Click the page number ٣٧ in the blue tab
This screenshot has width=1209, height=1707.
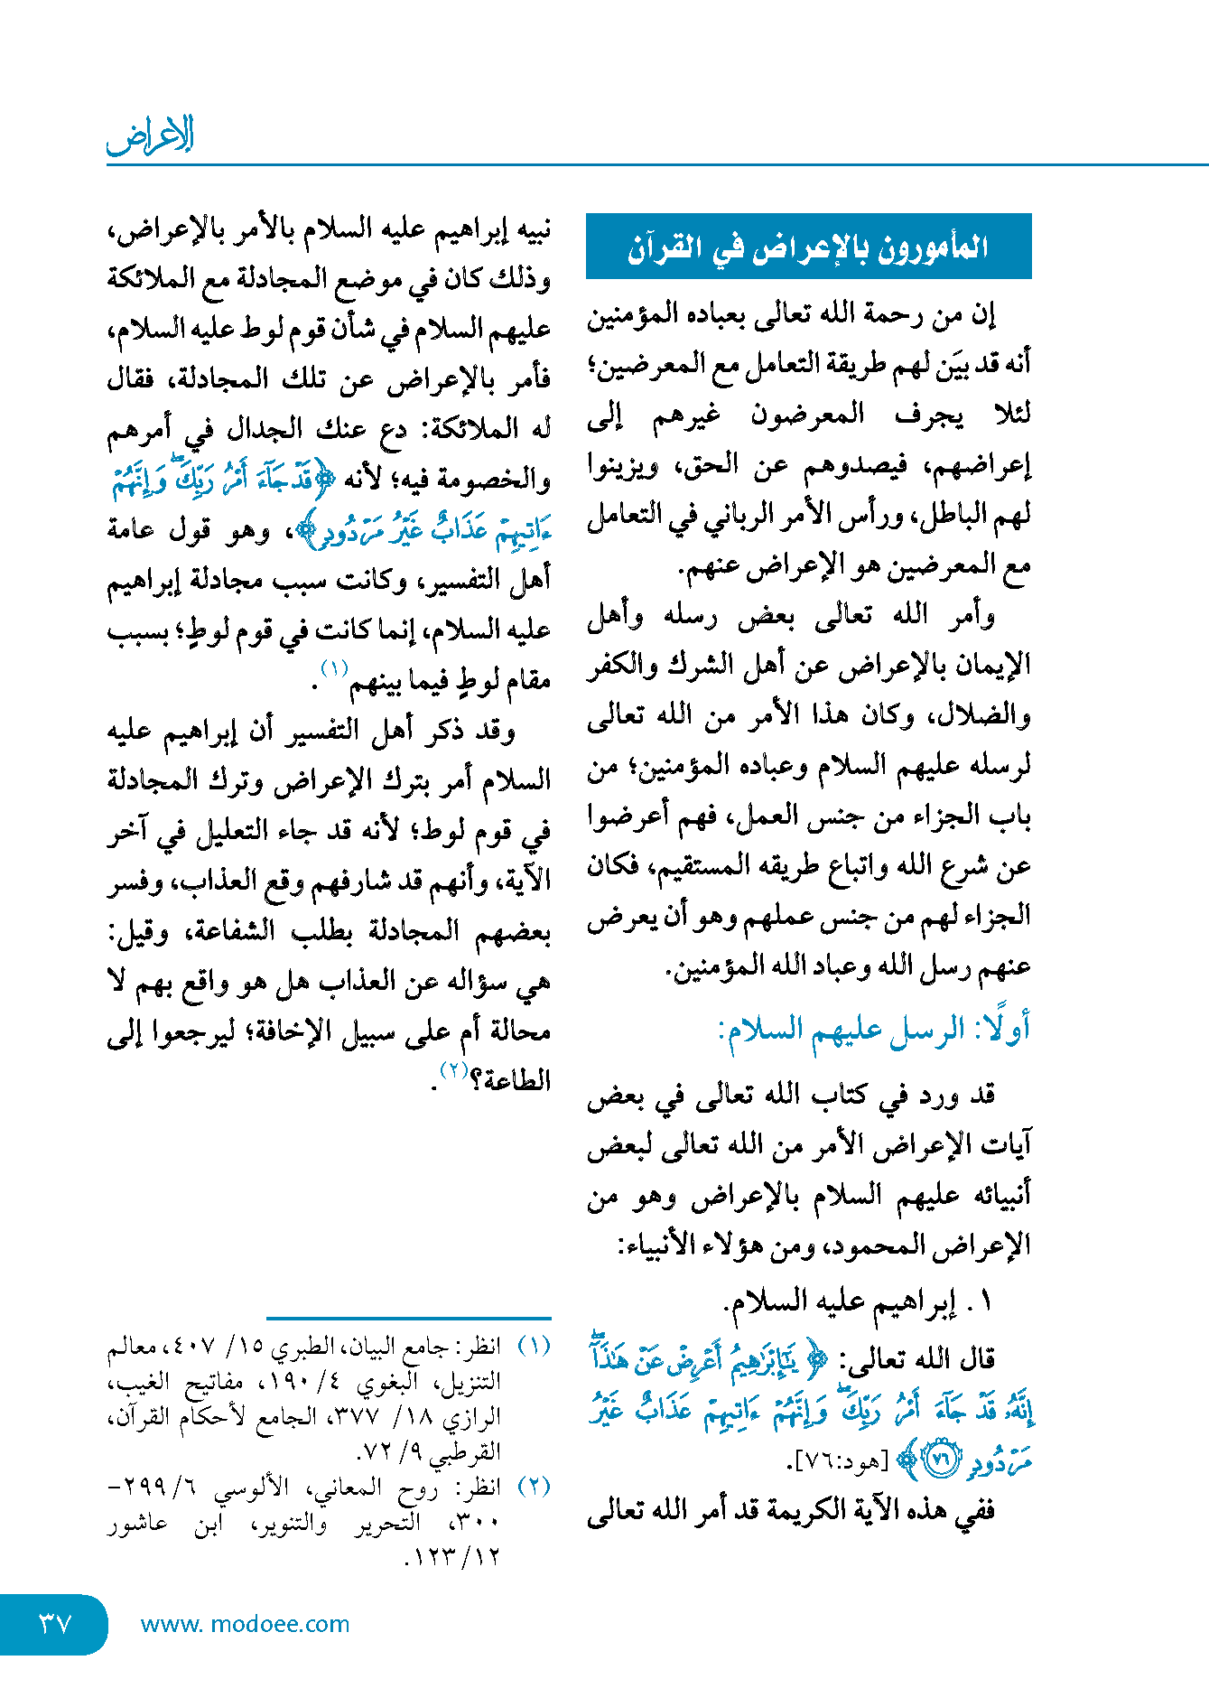(x=54, y=1624)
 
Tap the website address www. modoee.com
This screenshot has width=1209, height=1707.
(x=245, y=1624)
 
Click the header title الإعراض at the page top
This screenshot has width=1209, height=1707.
(x=150, y=136)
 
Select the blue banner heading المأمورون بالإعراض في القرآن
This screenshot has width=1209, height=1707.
(x=808, y=247)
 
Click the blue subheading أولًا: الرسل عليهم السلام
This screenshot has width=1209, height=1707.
(x=874, y=1030)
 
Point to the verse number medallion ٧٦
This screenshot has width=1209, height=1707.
(x=942, y=1460)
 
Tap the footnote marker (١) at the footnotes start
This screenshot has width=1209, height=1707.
(x=534, y=1346)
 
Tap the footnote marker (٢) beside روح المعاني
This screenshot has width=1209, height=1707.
(x=534, y=1487)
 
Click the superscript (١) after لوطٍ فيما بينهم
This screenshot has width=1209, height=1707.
(x=334, y=669)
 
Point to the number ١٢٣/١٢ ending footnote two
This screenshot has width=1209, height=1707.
(x=451, y=1557)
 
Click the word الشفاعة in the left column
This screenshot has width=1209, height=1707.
(x=219, y=931)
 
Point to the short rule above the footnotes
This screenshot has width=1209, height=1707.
(x=408, y=1319)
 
